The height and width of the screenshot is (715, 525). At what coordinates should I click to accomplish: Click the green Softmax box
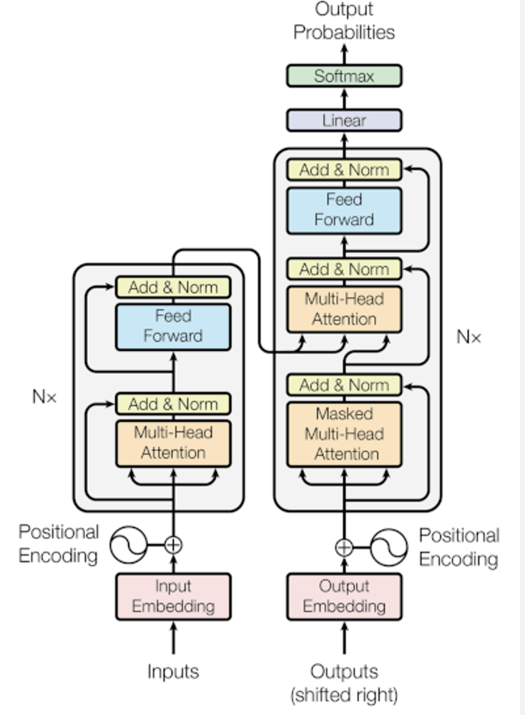(x=344, y=76)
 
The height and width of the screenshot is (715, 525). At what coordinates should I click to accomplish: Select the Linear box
(x=344, y=120)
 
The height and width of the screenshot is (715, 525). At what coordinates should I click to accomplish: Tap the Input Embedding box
(x=173, y=596)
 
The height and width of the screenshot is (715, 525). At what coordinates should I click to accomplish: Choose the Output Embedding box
(x=344, y=596)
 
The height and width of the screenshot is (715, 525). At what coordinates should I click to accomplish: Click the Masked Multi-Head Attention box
(x=344, y=434)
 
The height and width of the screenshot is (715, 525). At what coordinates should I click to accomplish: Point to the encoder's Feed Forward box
(x=173, y=326)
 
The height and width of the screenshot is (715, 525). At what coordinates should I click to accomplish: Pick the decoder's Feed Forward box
(x=344, y=209)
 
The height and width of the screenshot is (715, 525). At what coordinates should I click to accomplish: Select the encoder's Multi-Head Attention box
(x=173, y=443)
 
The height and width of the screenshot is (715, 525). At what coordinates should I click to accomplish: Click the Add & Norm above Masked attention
(x=344, y=385)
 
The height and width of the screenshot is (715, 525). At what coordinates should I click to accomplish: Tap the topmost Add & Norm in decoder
(x=344, y=169)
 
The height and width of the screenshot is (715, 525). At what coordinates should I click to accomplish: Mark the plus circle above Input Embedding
(x=173, y=545)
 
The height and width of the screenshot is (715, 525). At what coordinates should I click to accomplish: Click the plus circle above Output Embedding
(x=344, y=548)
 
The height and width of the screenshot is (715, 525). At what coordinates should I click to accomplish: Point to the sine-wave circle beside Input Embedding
(x=129, y=546)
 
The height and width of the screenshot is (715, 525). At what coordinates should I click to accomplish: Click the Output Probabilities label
(x=344, y=21)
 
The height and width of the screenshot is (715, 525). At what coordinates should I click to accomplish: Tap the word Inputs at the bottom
(x=173, y=671)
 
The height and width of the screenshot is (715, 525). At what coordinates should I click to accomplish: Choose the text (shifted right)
(x=344, y=694)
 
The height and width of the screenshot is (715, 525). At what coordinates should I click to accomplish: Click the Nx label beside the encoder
(x=44, y=397)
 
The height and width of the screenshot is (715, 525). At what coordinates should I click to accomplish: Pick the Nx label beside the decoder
(x=469, y=337)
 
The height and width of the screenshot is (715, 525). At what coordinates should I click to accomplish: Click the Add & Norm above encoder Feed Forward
(x=173, y=287)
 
